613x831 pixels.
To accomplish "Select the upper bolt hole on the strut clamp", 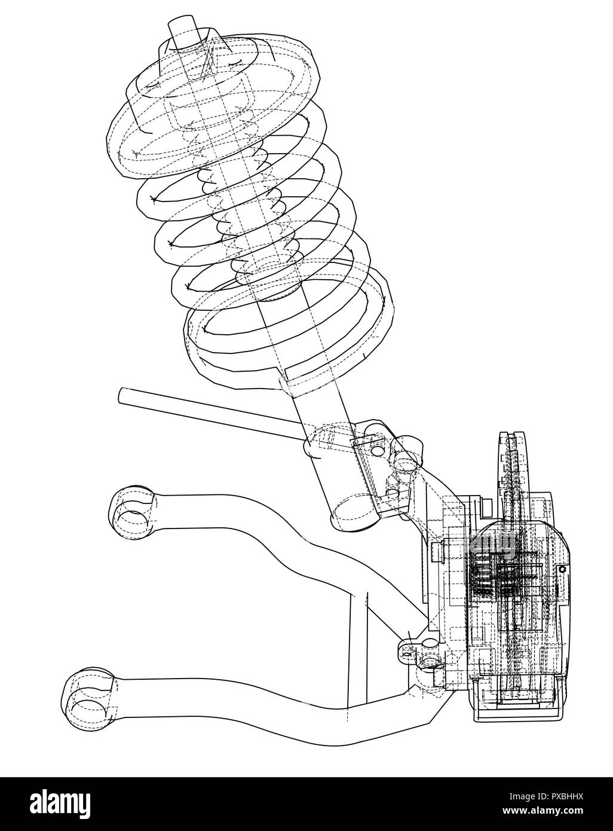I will (377, 448).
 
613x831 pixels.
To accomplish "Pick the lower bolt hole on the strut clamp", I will (393, 493).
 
